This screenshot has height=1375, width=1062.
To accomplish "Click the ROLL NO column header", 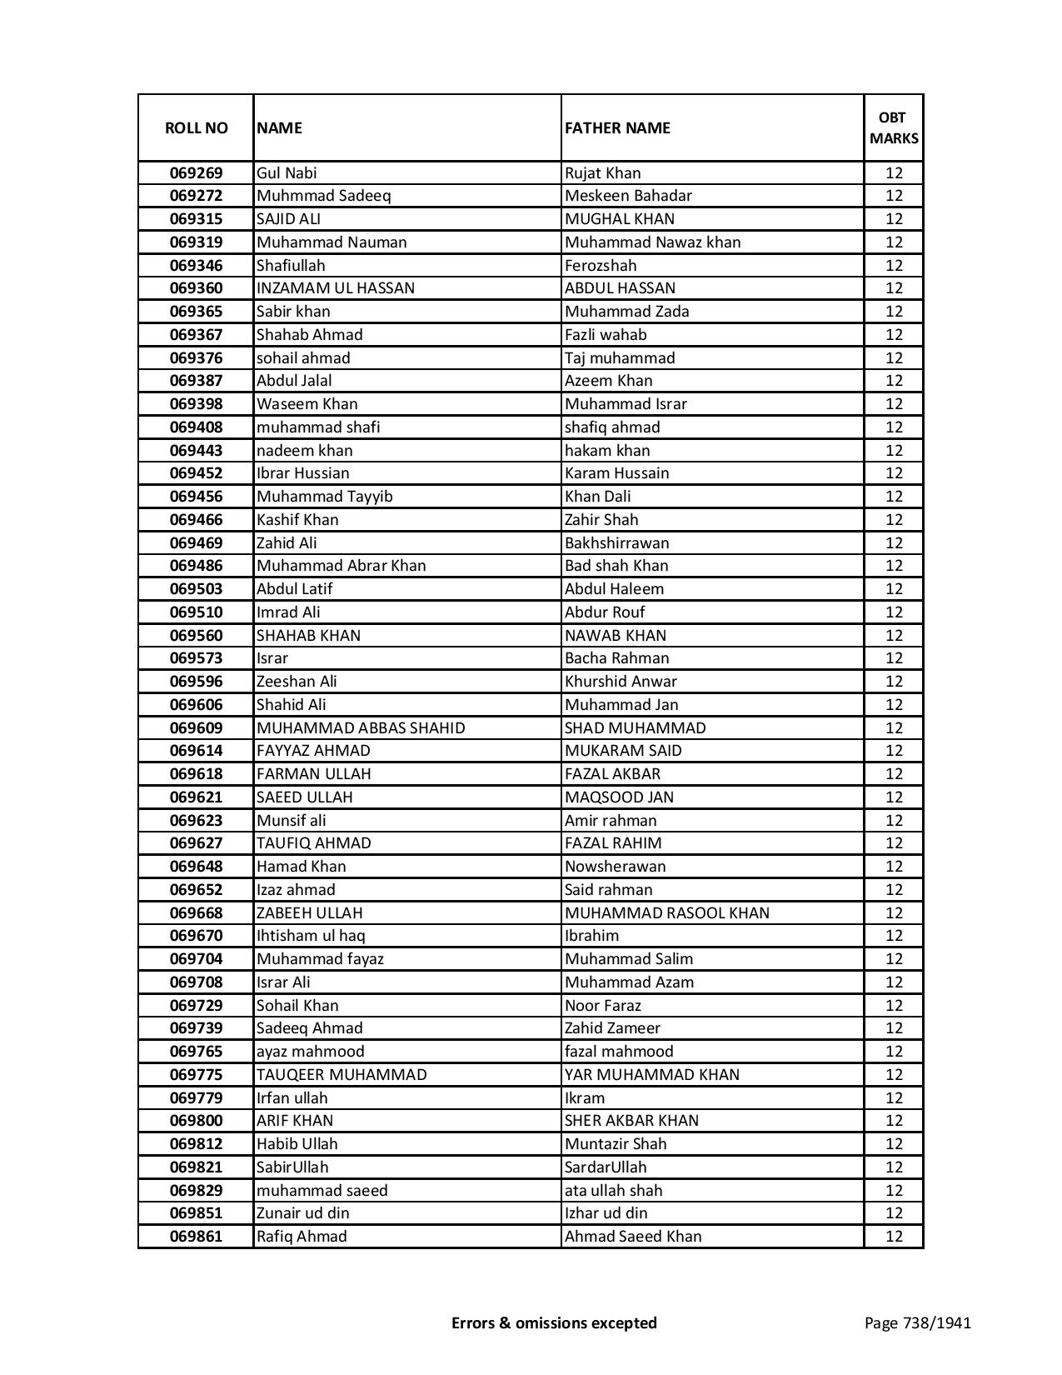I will [x=196, y=127].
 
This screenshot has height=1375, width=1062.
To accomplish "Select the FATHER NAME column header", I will [x=617, y=127].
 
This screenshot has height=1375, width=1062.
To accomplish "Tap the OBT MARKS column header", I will [x=894, y=127].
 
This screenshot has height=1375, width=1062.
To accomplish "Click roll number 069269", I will [x=196, y=173].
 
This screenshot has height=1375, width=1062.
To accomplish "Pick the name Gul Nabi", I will [x=287, y=173].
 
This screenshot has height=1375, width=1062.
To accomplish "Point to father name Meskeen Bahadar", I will [x=628, y=196].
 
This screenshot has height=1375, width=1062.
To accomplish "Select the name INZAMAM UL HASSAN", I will [x=336, y=288].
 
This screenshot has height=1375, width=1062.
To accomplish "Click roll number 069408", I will [x=196, y=427].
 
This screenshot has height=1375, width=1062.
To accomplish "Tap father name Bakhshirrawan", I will [x=616, y=543].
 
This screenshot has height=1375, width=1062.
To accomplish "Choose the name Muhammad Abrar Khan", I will [x=341, y=566].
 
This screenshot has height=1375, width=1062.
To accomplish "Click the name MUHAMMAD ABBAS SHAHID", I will [x=361, y=728].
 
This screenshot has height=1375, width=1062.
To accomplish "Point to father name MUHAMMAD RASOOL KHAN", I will [x=666, y=913].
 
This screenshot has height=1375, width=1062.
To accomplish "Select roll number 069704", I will [x=196, y=959].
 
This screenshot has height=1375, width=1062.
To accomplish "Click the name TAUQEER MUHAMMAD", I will [x=342, y=1075].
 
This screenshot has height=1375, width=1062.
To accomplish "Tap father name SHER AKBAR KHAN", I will [x=631, y=1121].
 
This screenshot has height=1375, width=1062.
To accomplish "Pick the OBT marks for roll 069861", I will [x=894, y=1237].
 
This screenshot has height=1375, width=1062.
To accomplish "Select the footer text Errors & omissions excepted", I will [x=554, y=1322].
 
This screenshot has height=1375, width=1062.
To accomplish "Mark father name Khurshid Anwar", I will [x=621, y=682].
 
